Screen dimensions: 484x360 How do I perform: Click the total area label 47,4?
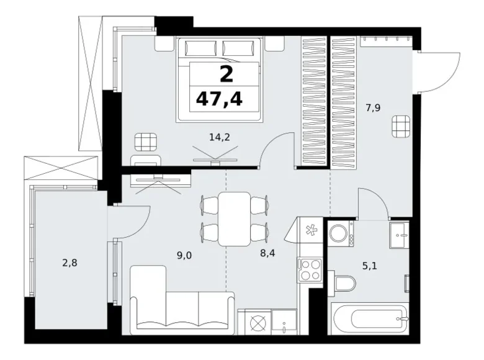click(x=219, y=99)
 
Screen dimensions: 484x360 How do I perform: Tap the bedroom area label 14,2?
click(x=220, y=137)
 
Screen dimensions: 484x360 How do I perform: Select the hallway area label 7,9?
click(x=373, y=108)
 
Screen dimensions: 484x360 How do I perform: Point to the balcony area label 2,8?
click(x=69, y=263)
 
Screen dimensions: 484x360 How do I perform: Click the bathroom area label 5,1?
click(x=369, y=266)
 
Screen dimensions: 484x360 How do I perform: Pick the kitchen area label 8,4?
click(x=267, y=253)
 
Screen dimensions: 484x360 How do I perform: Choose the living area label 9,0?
click(x=184, y=255)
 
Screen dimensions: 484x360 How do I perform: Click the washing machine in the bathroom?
click(x=341, y=233)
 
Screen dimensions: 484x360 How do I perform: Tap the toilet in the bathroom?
click(x=341, y=283)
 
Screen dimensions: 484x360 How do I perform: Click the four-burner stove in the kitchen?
click(x=310, y=270)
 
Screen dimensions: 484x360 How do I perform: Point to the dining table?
click(x=234, y=219)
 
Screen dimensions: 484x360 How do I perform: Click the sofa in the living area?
click(x=181, y=300)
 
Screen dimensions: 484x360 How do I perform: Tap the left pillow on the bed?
click(x=200, y=48)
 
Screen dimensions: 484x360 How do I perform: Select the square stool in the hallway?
click(x=401, y=127)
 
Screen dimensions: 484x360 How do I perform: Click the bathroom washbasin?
click(x=399, y=235)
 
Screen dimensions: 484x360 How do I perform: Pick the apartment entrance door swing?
click(x=440, y=73)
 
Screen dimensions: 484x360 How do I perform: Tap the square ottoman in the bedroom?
click(x=146, y=142)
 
